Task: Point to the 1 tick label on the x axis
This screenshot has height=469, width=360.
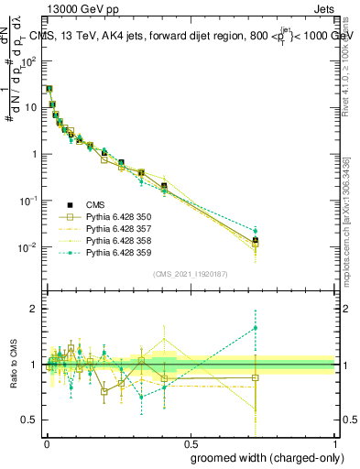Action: click(x=334, y=442)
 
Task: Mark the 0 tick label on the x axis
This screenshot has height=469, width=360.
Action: click(x=47, y=442)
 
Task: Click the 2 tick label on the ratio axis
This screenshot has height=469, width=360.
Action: click(x=33, y=310)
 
